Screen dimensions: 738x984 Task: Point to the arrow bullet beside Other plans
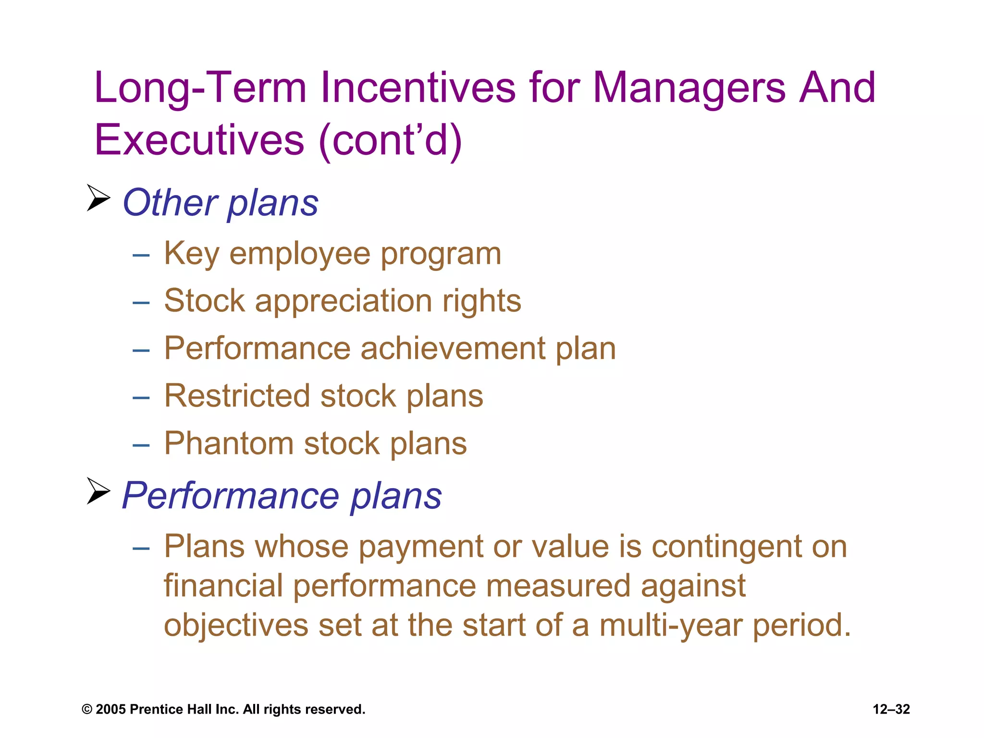tap(98, 198)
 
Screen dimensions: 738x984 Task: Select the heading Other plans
tap(220, 203)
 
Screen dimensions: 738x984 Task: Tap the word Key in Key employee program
tap(192, 253)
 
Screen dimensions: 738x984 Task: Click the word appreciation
tap(344, 301)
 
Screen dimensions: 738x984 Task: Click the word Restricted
tap(237, 396)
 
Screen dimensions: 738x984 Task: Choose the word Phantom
tap(229, 443)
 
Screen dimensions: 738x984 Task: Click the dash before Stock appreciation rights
tap(141, 303)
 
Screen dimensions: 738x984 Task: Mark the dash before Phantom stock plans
tap(141, 445)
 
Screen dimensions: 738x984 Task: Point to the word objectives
tap(236, 625)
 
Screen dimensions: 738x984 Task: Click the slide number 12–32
tap(891, 709)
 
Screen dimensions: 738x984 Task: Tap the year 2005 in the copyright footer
tap(111, 709)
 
